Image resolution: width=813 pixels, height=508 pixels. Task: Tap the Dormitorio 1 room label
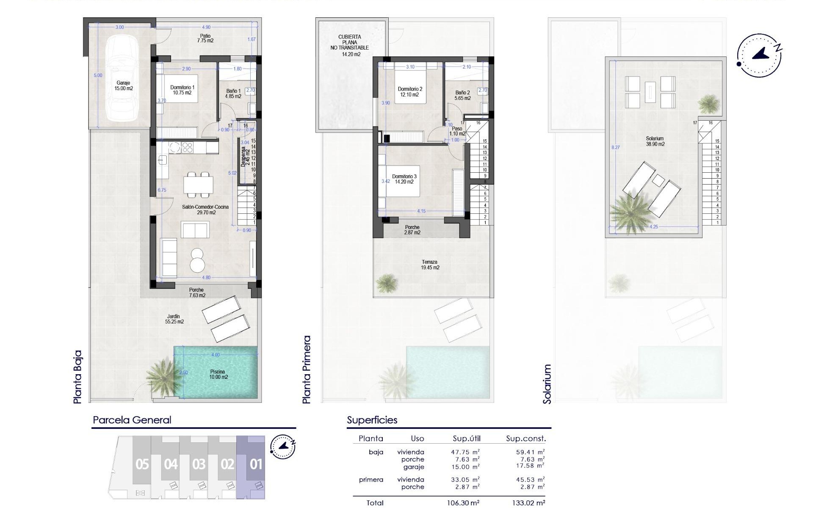(x=183, y=90)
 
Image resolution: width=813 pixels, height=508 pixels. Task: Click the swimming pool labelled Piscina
(x=218, y=374)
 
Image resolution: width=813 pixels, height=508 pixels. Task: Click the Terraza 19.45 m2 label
(x=430, y=265)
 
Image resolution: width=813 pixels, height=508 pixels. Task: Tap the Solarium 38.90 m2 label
(x=655, y=141)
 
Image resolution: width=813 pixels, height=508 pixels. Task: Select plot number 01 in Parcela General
(x=256, y=464)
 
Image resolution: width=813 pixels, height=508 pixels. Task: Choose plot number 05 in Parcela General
(x=142, y=464)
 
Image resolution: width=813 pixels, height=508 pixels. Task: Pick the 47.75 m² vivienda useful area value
(x=465, y=452)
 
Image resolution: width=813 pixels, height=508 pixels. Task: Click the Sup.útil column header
(x=467, y=439)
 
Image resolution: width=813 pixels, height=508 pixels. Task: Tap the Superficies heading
(x=372, y=420)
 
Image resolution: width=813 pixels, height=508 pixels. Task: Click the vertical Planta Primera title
(x=307, y=369)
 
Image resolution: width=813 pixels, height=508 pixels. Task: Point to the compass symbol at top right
(x=759, y=55)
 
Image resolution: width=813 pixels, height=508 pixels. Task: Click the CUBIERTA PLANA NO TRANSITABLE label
(x=350, y=45)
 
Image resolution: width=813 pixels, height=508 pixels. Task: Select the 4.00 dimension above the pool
(x=215, y=355)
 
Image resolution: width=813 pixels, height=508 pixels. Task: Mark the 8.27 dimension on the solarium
(x=615, y=147)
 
